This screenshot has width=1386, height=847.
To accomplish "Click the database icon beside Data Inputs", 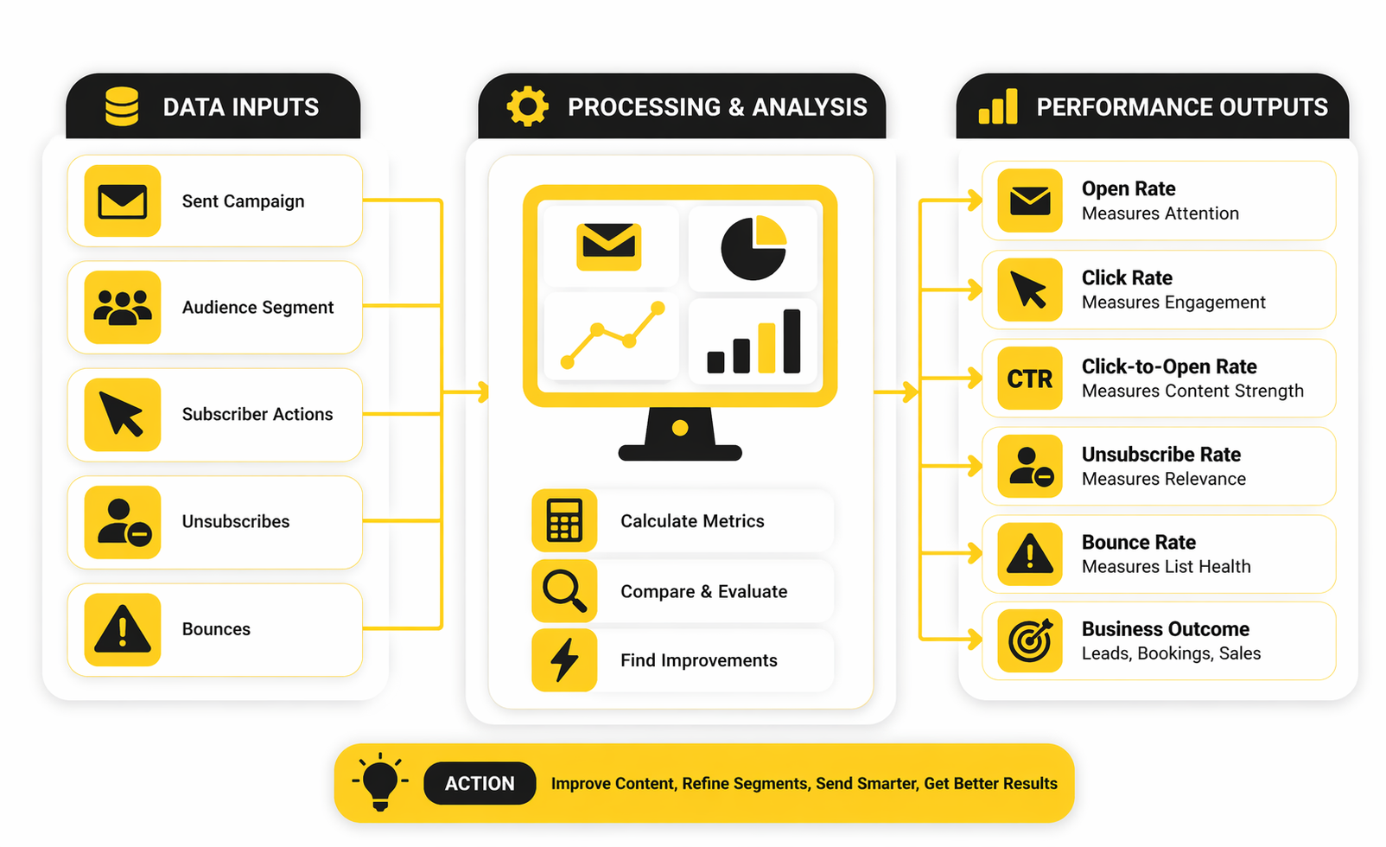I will (x=122, y=106).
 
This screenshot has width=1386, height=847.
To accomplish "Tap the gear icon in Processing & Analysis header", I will (x=527, y=106).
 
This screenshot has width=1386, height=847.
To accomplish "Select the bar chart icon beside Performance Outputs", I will (x=998, y=107).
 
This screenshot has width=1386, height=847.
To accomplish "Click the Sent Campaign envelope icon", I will (x=123, y=201).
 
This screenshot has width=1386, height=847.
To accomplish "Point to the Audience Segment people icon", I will (x=123, y=308).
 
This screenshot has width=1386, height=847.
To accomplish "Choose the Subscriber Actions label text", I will (x=257, y=415).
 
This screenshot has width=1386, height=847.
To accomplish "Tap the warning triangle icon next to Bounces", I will (x=123, y=629).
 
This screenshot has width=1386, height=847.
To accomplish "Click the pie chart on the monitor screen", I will (x=753, y=248).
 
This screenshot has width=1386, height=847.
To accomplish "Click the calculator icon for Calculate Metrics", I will (x=564, y=520).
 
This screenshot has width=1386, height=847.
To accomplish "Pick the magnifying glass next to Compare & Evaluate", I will (x=564, y=590).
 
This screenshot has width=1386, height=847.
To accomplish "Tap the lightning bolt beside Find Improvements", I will (x=564, y=660).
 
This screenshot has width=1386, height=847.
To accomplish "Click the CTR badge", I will (x=1030, y=379).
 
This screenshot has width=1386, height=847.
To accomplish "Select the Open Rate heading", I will (x=1129, y=188).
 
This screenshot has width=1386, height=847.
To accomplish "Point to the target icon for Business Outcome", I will (x=1030, y=640).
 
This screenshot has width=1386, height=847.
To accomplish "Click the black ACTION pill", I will (x=480, y=783).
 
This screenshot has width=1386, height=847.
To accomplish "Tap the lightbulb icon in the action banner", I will (x=380, y=781).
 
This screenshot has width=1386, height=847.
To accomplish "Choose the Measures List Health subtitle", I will (x=1166, y=567).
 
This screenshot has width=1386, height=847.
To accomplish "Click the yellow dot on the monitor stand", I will (x=680, y=428).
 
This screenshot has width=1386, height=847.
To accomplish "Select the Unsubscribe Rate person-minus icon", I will (x=1030, y=467).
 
